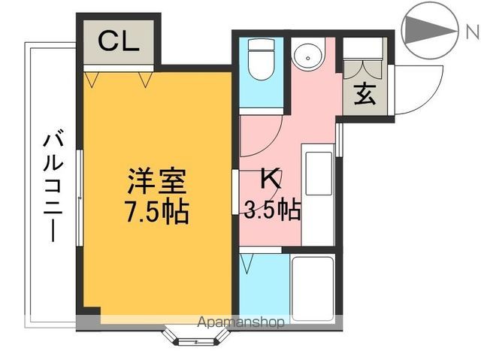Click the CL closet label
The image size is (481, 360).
tap(119, 42)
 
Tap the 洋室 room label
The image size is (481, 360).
tap(156, 182)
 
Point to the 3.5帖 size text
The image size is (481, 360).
tap(272, 210)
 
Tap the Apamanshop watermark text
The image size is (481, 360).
tap(240, 322)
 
